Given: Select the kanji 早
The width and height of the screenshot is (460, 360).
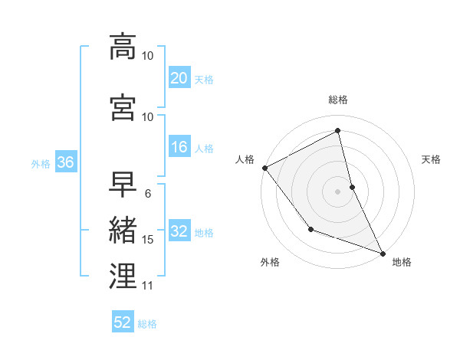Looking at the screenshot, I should tap(123, 185).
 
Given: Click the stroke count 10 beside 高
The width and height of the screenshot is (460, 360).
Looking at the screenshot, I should tap(148, 56).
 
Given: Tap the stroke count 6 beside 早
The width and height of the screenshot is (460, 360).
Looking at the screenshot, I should tap(148, 194).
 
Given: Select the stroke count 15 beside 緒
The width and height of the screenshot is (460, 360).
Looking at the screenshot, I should tap(148, 240).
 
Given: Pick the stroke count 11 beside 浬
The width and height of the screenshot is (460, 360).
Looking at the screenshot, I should tap(148, 286).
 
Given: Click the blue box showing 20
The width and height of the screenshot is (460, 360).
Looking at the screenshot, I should tap(179, 77).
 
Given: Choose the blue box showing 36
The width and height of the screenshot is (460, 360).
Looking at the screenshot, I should tap(64, 162).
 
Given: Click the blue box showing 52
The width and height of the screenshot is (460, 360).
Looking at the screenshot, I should tap(123, 322).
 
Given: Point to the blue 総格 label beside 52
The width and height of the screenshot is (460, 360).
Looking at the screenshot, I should tap(147, 324).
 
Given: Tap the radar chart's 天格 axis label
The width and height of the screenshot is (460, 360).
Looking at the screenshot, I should tap(432, 159).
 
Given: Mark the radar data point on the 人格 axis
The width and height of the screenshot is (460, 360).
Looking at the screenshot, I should tap(264, 168).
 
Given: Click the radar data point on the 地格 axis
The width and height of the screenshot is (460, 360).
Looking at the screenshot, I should tap(383, 252).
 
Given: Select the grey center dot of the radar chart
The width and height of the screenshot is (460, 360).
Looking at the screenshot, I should tap(338, 191).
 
